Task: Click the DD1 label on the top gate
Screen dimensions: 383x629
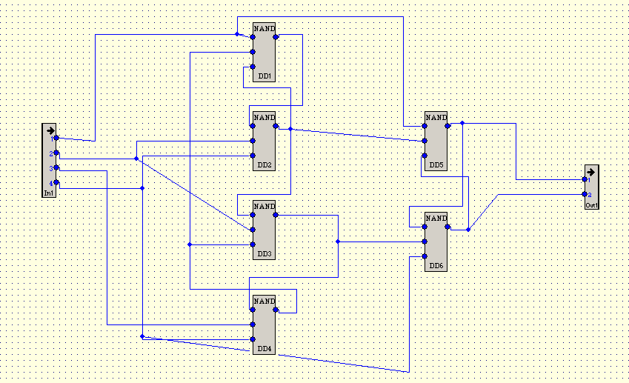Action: pyautogui.click(x=264, y=76)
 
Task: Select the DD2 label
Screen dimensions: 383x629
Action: pyautogui.click(x=264, y=165)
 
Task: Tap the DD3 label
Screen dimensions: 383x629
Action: pyautogui.click(x=264, y=254)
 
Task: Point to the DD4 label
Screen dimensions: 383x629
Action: pyautogui.click(x=264, y=348)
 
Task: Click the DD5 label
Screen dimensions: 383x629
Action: pyautogui.click(x=436, y=165)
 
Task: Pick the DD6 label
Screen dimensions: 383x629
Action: pyautogui.click(x=436, y=265)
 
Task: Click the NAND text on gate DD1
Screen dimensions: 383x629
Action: pyautogui.click(x=264, y=28)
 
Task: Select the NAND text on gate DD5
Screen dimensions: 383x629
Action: pyautogui.click(x=436, y=117)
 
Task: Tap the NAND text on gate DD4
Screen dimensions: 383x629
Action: pyautogui.click(x=264, y=301)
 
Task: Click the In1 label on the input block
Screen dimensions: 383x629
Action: pyautogui.click(x=49, y=193)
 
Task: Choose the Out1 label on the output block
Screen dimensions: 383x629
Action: pyautogui.click(x=591, y=205)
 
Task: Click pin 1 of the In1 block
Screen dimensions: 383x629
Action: pyautogui.click(x=56, y=138)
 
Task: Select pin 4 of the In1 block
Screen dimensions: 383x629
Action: pyautogui.click(x=56, y=182)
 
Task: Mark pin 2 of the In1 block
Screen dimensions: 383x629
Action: pyautogui.click(x=56, y=153)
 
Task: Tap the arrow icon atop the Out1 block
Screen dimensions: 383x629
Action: pyautogui.click(x=590, y=170)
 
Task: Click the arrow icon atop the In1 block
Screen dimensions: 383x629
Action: pyautogui.click(x=50, y=130)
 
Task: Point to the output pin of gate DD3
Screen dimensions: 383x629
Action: pyautogui.click(x=276, y=215)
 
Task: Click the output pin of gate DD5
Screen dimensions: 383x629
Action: pyautogui.click(x=447, y=126)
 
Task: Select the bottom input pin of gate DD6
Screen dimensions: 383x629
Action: pyautogui.click(x=425, y=256)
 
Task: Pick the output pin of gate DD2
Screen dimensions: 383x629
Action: pyautogui.click(x=276, y=126)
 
